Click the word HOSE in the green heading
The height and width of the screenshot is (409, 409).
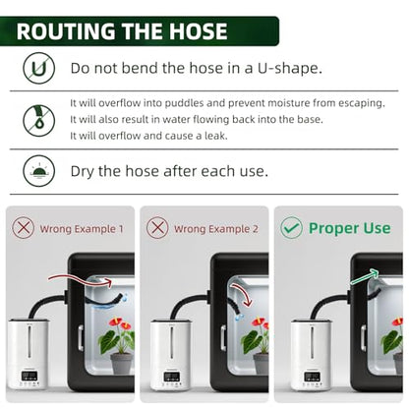tap(198, 31)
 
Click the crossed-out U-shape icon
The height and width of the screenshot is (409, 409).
tap(38, 68)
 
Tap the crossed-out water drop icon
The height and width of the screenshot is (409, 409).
tap(38, 120)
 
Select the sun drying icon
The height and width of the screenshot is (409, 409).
tap(38, 171)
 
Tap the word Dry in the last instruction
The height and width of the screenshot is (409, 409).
tap(83, 171)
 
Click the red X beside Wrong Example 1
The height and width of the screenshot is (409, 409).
tap(24, 227)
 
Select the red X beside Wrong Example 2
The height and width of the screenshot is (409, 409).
tap(157, 227)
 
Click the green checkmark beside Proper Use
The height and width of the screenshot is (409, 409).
tap(291, 227)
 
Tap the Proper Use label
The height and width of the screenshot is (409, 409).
tap(349, 228)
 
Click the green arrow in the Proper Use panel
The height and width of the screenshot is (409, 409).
tap(364, 276)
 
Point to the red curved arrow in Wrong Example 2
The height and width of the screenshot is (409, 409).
tap(243, 293)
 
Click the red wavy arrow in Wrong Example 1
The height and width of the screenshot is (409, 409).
tap(81, 280)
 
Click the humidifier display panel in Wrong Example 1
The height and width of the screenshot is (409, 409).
tap(29, 376)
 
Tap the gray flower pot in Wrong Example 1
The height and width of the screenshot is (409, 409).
tap(122, 363)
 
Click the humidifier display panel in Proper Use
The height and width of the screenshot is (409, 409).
tap(312, 377)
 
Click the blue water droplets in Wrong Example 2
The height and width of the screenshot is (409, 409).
tap(239, 317)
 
